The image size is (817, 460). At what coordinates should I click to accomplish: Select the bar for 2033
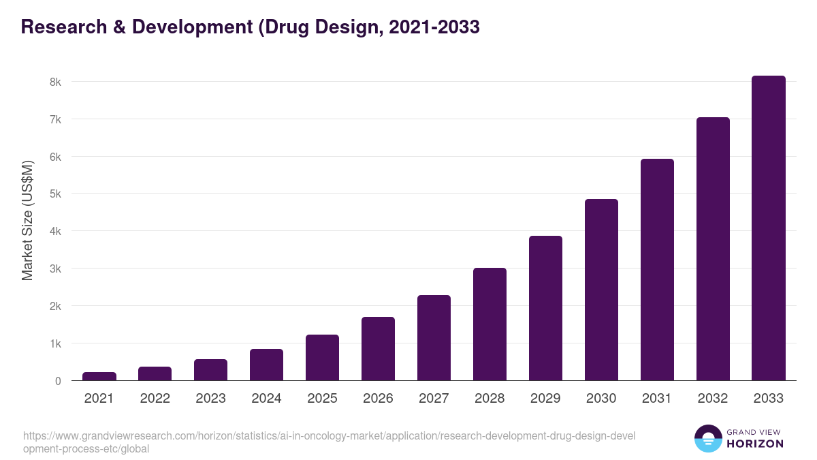(769, 228)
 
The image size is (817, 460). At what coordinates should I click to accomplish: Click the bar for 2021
(99, 376)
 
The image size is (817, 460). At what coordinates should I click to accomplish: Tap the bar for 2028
(490, 324)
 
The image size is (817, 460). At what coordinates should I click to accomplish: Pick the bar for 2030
(601, 290)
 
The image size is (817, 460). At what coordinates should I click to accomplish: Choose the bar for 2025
(322, 358)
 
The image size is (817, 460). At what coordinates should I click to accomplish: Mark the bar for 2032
(713, 249)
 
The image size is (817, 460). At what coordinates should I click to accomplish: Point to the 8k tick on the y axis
(54, 82)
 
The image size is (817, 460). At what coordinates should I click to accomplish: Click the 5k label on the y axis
(54, 194)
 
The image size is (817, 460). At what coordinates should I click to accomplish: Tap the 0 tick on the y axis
(58, 381)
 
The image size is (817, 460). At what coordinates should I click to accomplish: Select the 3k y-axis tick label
(54, 269)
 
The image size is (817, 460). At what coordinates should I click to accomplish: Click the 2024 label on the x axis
(266, 399)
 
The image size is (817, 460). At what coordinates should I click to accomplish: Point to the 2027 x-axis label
(434, 399)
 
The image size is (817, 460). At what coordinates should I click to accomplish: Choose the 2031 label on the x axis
(657, 399)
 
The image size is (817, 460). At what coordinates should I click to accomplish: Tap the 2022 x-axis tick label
(155, 399)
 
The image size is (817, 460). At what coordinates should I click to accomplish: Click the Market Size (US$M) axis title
(27, 220)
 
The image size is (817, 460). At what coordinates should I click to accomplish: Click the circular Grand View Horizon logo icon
(707, 438)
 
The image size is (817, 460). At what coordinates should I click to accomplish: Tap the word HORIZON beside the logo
(756, 444)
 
